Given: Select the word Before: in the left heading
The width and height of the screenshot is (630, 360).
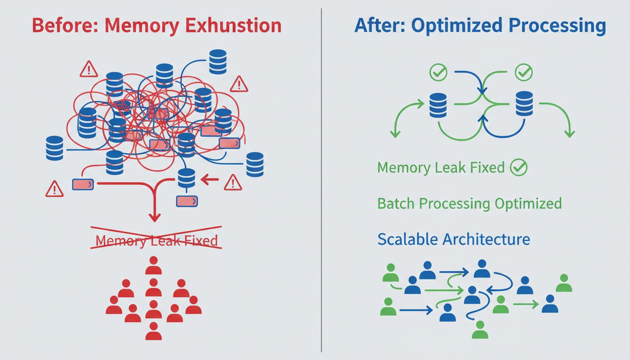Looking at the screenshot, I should click(x=60, y=25).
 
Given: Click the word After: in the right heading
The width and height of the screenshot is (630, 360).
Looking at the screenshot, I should click(x=380, y=25).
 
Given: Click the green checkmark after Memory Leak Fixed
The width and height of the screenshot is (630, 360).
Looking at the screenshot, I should click(x=518, y=167).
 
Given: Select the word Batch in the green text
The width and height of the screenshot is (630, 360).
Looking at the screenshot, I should click(x=396, y=203).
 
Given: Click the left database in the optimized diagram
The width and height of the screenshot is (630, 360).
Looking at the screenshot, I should click(x=438, y=105).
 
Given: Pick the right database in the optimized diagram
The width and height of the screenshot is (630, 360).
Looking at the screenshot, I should click(x=524, y=104).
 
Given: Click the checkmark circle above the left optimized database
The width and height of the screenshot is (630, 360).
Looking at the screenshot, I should click(x=439, y=72).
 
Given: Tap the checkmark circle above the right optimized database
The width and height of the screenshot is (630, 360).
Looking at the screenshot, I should click(x=524, y=72).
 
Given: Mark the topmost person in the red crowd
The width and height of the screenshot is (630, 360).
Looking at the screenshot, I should click(x=153, y=266).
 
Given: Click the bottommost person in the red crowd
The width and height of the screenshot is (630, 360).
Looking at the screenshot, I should click(x=153, y=331).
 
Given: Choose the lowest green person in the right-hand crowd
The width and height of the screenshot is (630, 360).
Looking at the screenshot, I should click(x=480, y=330).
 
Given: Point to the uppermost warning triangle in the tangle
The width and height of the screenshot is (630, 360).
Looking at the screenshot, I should click(x=89, y=70).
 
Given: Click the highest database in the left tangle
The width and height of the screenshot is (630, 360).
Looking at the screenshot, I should click(x=218, y=61).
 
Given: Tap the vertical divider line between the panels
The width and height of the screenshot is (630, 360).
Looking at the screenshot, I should click(x=322, y=180).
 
